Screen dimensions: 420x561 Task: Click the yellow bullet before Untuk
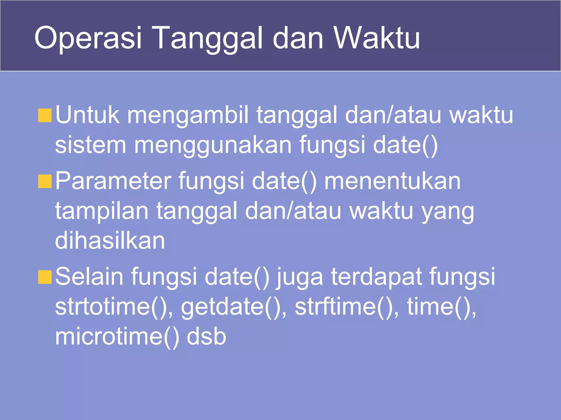[45, 115]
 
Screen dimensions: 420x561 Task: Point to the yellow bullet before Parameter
[45, 182]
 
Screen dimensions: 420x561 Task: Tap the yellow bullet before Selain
[45, 277]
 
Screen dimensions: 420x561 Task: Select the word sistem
[90, 145]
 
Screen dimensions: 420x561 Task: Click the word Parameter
[113, 181]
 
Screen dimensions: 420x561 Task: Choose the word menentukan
[392, 181]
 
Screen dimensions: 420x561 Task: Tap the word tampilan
[102, 211]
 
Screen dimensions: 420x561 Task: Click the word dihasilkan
[110, 241]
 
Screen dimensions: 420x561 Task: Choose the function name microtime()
[117, 337]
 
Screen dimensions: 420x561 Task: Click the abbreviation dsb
[206, 337]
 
